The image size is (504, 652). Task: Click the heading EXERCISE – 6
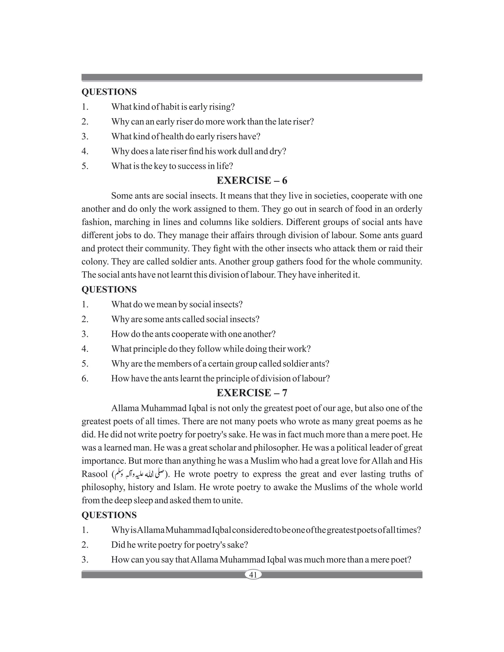252,181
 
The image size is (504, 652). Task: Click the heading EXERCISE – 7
252,393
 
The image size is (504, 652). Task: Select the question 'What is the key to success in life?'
172,166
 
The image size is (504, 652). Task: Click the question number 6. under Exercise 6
85,379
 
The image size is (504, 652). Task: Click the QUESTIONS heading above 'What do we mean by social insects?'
109,290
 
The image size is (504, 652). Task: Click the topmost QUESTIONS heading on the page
109,92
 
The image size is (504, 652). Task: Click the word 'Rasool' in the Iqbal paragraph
94,474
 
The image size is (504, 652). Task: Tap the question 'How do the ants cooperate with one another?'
193,334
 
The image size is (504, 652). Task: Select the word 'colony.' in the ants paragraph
95,262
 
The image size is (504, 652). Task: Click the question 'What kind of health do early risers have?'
186,137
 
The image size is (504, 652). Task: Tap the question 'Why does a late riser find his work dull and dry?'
199,151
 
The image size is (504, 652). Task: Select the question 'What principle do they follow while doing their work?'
211,349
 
